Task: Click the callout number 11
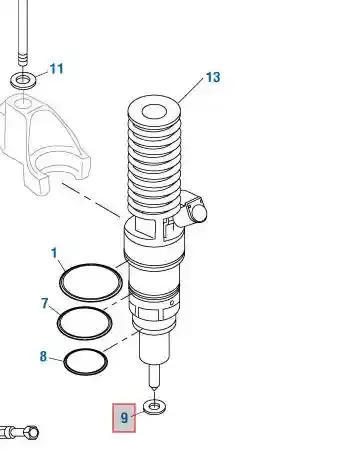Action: (x=57, y=69)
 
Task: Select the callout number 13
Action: (x=213, y=77)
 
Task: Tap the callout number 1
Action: (x=54, y=253)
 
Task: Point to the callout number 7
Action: (x=45, y=303)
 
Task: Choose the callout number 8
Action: (x=43, y=356)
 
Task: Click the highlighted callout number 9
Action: (x=124, y=418)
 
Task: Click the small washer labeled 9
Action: (x=154, y=407)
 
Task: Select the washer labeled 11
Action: (x=23, y=80)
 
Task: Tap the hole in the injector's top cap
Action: (x=154, y=112)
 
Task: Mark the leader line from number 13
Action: (x=191, y=90)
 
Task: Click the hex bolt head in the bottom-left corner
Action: (x=32, y=432)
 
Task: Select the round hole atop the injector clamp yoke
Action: (x=23, y=103)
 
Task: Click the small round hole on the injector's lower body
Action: (x=172, y=303)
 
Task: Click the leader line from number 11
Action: (x=42, y=74)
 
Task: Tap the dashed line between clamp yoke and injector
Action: (x=91, y=200)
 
